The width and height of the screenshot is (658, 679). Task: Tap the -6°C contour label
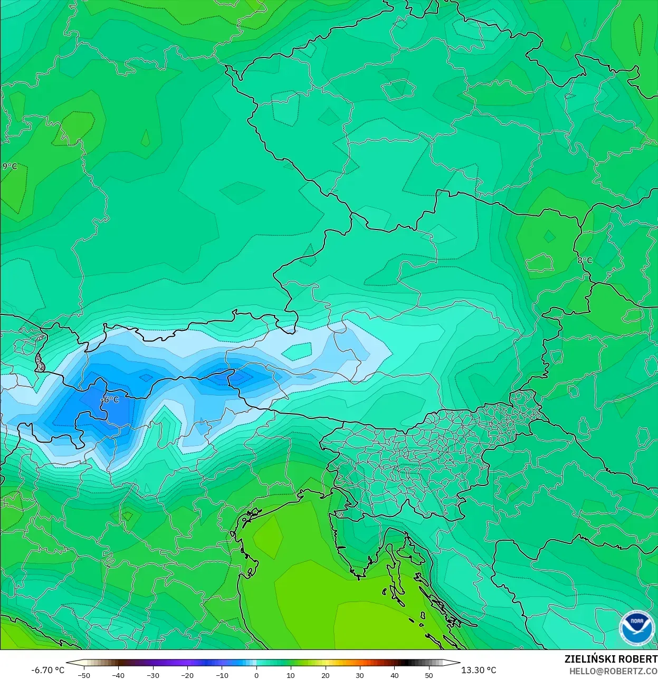(110, 399)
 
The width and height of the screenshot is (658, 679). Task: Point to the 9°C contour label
(10, 166)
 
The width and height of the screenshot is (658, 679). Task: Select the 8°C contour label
(585, 260)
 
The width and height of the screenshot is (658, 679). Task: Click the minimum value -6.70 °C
(48, 670)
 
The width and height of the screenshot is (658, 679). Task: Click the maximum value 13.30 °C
(479, 670)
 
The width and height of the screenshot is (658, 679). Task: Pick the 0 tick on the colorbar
(256, 675)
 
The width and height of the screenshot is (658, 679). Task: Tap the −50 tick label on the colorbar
(83, 675)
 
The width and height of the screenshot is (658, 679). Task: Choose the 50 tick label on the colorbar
(429, 675)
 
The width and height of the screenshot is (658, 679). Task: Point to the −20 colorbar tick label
(187, 675)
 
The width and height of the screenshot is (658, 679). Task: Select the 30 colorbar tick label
(360, 675)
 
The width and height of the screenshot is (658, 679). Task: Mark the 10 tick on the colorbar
(291, 675)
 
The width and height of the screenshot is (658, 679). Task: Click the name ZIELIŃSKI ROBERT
(611, 659)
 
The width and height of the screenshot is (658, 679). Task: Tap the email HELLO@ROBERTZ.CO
(613, 671)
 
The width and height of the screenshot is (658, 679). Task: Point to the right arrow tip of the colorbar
(459, 663)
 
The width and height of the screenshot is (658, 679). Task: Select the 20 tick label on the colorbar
(325, 675)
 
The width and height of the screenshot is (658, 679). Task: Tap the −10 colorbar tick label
(222, 675)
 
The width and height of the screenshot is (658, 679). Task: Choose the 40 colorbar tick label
(394, 675)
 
